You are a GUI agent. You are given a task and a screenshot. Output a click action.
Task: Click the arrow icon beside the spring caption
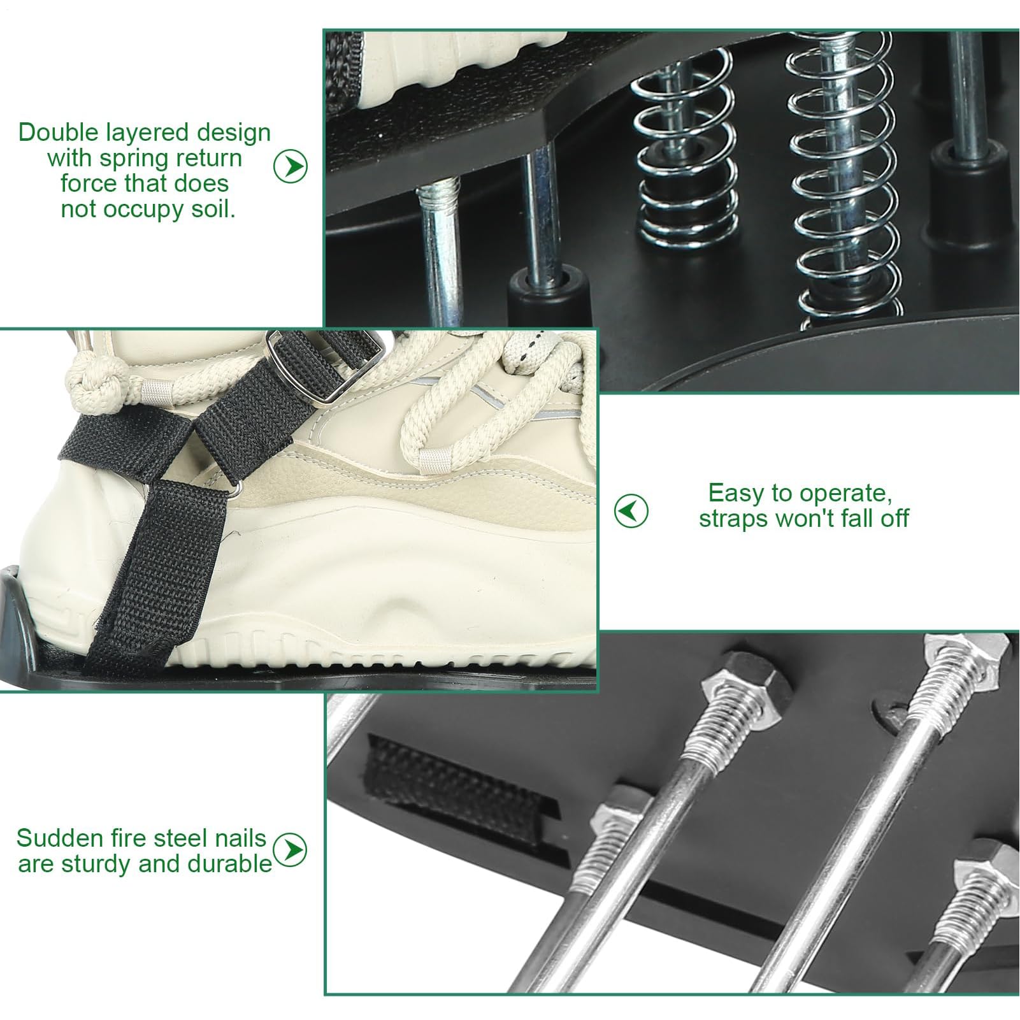pos(291,166)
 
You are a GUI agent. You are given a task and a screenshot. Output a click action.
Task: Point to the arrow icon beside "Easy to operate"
pos(631,510)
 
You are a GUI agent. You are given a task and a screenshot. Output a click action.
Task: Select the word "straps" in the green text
pos(733,519)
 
